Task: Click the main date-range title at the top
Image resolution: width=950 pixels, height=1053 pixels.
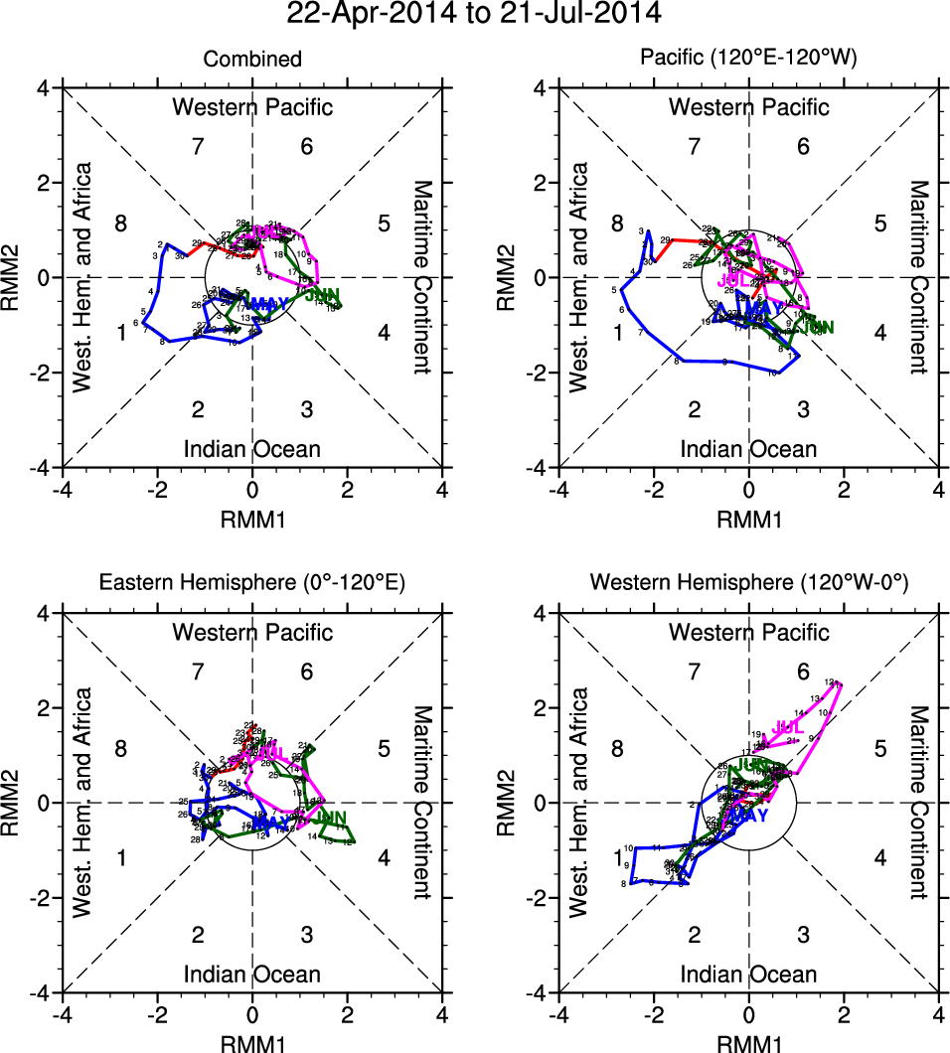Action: point(473,15)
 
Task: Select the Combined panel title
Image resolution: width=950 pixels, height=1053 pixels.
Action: point(252,60)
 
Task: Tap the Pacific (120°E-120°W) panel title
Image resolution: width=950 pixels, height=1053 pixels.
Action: point(748,60)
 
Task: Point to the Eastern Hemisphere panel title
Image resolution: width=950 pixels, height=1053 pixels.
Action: point(252,584)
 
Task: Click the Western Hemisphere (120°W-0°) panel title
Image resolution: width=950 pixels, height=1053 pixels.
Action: point(748,584)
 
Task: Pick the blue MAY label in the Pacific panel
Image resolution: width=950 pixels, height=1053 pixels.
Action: point(764,308)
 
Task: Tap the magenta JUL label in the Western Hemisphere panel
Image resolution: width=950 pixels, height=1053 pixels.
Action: point(786,728)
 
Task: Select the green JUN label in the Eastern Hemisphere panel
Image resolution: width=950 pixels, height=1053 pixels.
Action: point(328,819)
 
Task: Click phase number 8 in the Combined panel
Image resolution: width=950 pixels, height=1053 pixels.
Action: point(120,223)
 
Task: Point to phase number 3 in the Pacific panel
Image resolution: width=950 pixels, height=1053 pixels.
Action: point(803,409)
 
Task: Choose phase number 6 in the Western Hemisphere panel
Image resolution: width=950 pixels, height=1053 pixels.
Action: point(803,673)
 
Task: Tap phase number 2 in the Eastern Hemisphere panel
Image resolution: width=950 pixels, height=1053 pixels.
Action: point(198,934)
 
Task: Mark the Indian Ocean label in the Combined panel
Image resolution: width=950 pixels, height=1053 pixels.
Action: point(252,449)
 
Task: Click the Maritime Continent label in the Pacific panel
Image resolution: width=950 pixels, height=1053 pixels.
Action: point(918,277)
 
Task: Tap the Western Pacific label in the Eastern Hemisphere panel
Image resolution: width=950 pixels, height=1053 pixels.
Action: point(252,632)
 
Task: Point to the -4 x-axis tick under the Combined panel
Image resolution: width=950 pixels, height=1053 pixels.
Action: point(62,490)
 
